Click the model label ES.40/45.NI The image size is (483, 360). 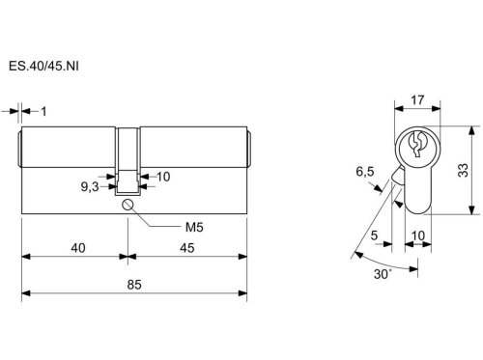[x=43, y=67]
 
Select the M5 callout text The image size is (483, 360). [x=194, y=228]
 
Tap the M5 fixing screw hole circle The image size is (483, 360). [x=128, y=205]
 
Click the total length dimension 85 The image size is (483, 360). [x=134, y=285]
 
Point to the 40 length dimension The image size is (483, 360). [x=78, y=248]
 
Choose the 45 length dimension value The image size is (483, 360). [x=187, y=248]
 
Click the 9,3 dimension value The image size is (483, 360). [x=90, y=186]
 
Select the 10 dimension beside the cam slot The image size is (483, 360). [x=163, y=177]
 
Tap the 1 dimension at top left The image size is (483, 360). [x=43, y=112]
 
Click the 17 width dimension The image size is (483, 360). [x=417, y=100]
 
